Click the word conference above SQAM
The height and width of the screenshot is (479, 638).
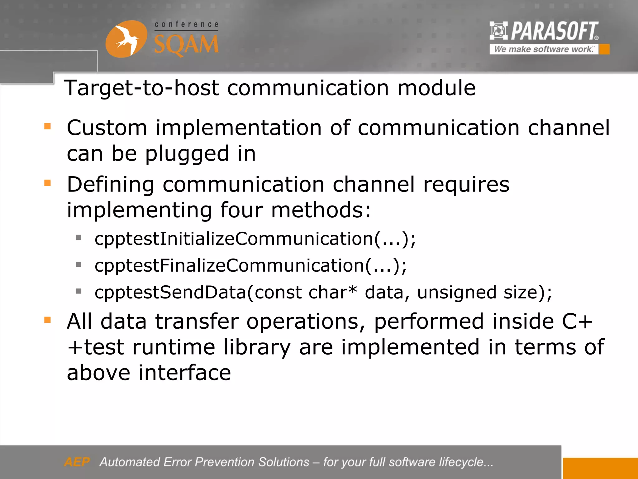click(186, 24)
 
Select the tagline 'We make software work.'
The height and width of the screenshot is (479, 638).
click(544, 49)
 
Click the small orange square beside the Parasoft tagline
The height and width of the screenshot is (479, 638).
click(604, 49)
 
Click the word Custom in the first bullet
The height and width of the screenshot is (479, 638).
click(107, 128)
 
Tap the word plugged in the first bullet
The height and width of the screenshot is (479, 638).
click(187, 154)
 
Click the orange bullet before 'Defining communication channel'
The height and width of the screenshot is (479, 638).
click(48, 183)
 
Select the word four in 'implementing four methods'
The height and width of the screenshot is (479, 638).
click(241, 210)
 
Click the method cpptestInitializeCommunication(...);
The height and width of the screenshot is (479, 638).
click(255, 239)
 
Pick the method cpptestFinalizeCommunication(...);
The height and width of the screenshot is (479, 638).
click(250, 266)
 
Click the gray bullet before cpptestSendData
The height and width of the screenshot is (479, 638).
click(79, 292)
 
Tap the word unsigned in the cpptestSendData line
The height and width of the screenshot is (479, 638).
click(456, 293)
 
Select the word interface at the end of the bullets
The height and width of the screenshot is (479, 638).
click(184, 373)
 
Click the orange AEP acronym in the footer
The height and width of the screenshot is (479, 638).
click(77, 462)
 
